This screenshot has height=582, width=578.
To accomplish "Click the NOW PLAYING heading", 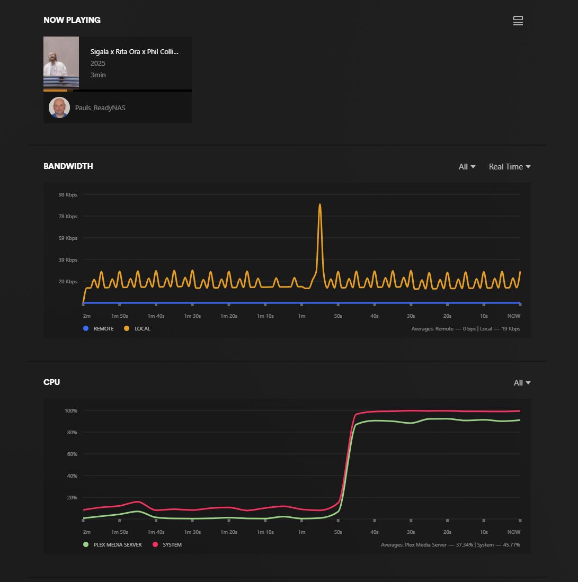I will tap(72, 20).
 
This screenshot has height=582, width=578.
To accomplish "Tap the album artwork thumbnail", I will tap(61, 62).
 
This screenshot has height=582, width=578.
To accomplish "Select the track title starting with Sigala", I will tap(134, 52).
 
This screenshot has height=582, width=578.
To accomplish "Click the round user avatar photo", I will tap(59, 108).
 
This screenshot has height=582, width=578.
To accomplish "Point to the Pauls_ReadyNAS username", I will tap(100, 108).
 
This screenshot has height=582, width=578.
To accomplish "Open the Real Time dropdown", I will tap(509, 167).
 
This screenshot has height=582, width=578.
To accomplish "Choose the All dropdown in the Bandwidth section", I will tap(467, 167).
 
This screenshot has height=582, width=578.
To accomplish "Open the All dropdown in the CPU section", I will tap(522, 383).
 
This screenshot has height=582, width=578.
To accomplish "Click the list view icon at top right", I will tap(518, 21).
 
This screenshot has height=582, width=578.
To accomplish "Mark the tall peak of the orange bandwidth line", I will tap(320, 205).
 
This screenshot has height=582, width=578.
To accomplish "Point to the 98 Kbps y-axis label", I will tap(68, 195).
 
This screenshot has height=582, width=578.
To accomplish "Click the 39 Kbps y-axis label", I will tap(68, 260).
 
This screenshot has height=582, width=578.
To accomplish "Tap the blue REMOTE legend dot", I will tap(86, 329).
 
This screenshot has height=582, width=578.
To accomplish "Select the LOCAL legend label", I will tap(143, 329).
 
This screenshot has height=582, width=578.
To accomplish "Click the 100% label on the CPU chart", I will tap(71, 411).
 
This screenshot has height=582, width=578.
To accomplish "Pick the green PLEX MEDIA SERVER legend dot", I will tap(86, 545).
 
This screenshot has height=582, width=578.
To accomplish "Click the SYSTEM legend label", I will tap(172, 545).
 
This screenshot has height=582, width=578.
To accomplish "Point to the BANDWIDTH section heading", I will tap(68, 166).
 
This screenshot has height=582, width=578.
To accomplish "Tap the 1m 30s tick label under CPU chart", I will tap(192, 532).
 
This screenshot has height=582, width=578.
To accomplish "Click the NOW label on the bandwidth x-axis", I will tap(514, 316).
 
